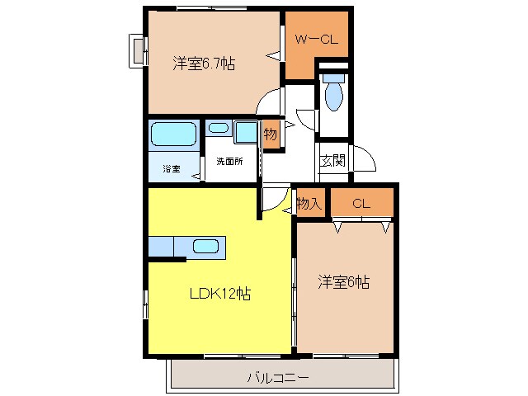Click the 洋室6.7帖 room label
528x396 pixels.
click(x=204, y=64)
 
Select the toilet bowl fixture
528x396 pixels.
click(x=333, y=96)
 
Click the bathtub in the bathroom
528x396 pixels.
click(x=173, y=134)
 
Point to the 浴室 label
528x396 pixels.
click(x=171, y=169)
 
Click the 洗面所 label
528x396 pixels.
click(x=229, y=162)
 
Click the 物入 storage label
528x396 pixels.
click(x=309, y=203)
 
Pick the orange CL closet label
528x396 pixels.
click(x=361, y=203)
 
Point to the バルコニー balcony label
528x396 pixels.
click(x=278, y=379)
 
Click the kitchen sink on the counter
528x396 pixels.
click(x=205, y=246)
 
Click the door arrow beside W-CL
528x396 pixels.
click(x=271, y=54)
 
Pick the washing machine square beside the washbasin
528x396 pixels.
click(x=245, y=131)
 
